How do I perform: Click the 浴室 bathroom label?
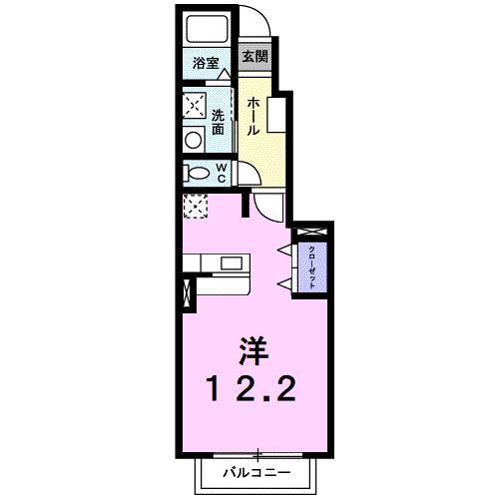tap(206, 63)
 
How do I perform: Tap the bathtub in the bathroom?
tap(207, 29)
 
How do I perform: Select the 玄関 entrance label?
tap(254, 56)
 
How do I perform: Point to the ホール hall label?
tap(253, 116)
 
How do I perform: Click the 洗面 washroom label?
tap(219, 122)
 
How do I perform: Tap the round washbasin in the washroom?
tap(194, 140)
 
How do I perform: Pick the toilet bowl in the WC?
tap(197, 173)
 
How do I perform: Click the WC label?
tap(222, 173)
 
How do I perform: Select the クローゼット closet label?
tap(312, 267)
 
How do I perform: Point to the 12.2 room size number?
tap(251, 388)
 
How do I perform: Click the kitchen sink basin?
tap(232, 263)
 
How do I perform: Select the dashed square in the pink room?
tap(196, 207)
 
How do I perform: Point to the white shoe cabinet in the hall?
tap(276, 116)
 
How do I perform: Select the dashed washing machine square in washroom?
tap(195, 105)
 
